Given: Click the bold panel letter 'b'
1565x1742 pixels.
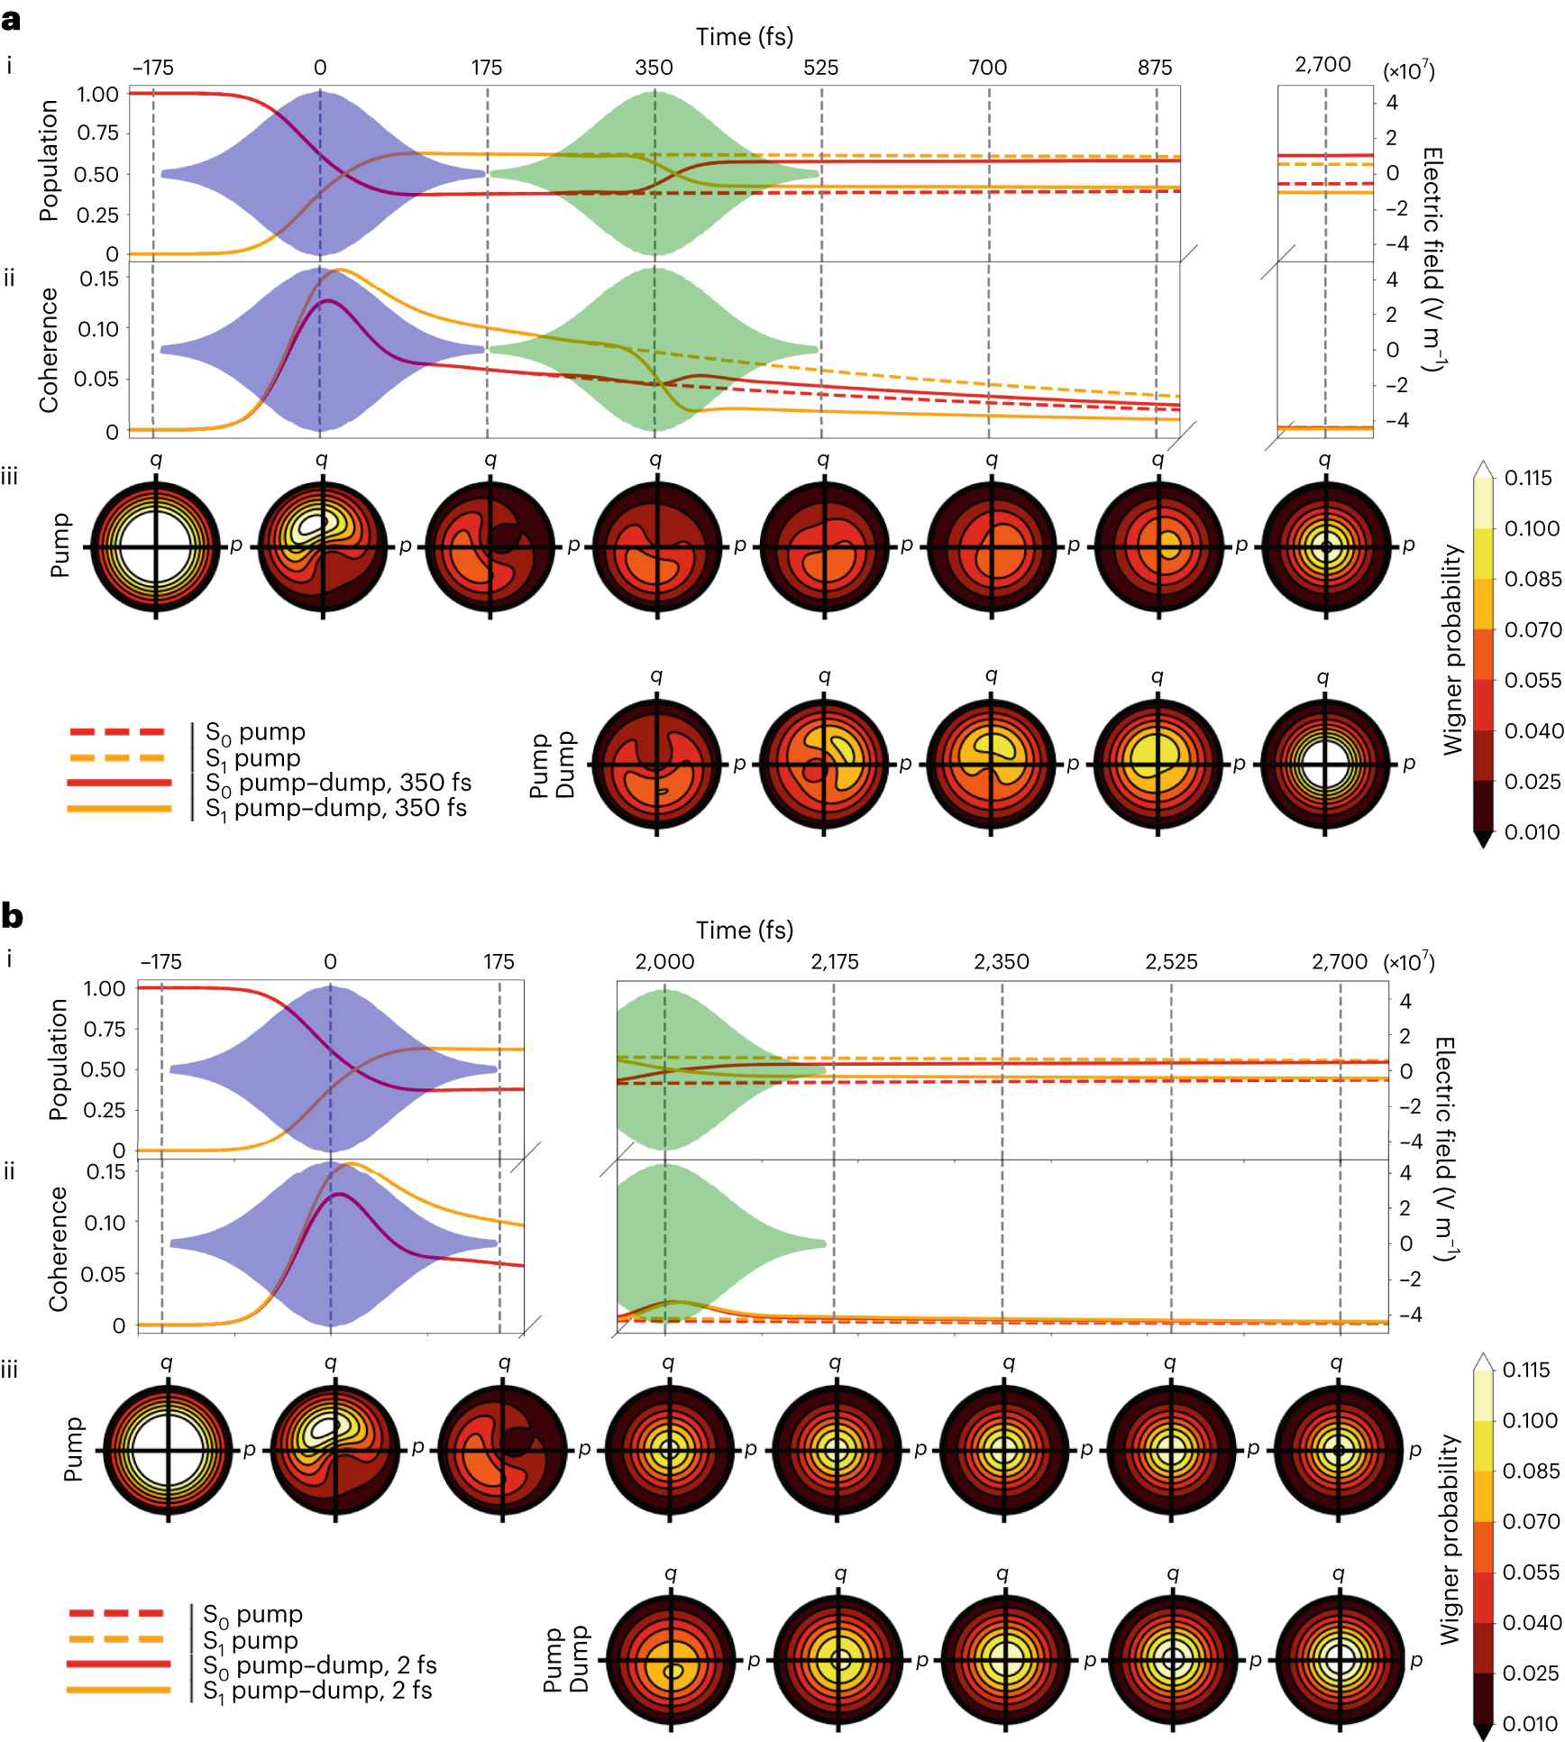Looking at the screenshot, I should (12, 916).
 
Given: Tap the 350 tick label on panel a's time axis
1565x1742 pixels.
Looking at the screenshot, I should (654, 68).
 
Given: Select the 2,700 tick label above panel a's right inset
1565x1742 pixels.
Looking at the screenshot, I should (1322, 64).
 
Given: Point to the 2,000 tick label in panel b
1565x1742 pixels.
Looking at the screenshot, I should (664, 961).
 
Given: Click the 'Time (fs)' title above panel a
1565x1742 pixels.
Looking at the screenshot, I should (744, 37).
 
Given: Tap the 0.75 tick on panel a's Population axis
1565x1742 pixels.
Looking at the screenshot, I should (97, 133).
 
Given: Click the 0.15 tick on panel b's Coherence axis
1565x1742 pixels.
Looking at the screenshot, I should (105, 1172).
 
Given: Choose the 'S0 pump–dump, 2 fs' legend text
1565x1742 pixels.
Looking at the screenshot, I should (319, 1664).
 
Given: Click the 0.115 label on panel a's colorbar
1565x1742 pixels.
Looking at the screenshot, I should (1528, 478).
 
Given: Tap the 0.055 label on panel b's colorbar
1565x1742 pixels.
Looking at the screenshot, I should (1531, 1572).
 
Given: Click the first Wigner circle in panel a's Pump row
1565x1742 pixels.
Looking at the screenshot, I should (156, 546).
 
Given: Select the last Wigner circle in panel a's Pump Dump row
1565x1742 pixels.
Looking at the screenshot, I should (1324, 765).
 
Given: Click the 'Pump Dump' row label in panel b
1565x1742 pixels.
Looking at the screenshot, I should (564, 1660).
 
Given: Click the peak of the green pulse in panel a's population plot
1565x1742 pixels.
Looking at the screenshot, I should (655, 91).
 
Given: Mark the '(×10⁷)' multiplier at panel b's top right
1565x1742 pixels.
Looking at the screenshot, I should (1409, 961).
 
